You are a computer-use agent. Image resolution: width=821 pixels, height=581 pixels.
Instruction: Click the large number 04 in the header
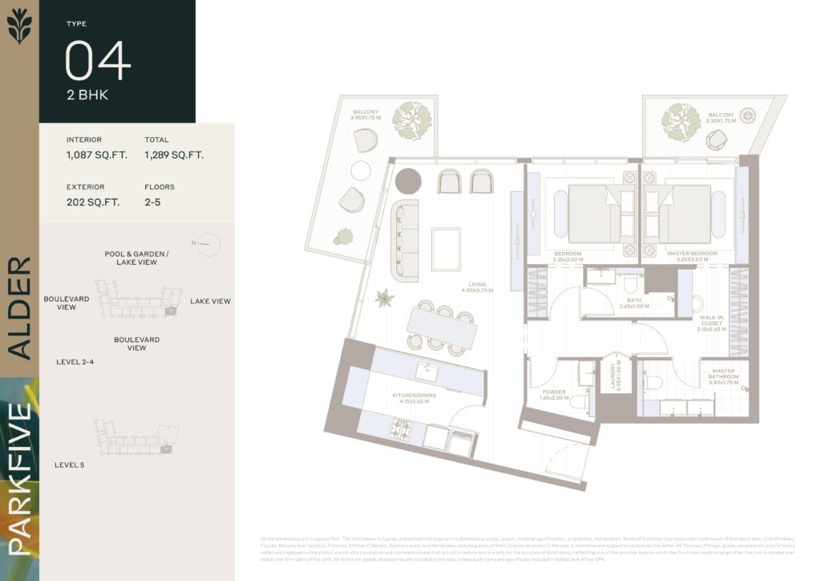click(97, 61)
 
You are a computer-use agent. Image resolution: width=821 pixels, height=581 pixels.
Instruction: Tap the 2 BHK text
click(87, 95)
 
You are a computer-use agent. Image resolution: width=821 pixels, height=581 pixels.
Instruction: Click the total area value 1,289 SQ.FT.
click(174, 155)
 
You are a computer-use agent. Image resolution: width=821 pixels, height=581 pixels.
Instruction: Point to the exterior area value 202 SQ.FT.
click(93, 202)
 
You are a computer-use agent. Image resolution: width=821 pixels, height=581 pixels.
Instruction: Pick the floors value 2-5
click(153, 202)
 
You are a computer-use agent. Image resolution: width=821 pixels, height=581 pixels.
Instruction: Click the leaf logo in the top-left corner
click(18, 25)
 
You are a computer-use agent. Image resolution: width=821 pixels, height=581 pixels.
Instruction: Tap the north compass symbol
click(205, 243)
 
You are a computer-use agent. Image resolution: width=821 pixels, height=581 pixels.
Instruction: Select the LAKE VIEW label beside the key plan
click(210, 302)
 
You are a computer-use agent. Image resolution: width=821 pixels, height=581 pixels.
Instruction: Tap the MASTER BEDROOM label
click(692, 256)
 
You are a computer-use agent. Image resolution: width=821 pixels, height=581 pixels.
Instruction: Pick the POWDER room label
click(553, 395)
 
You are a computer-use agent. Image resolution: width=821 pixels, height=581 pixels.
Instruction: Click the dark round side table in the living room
click(408, 181)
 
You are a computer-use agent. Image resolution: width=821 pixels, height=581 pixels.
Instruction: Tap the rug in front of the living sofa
click(446, 249)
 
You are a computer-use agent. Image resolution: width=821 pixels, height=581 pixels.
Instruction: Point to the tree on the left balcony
click(415, 120)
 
